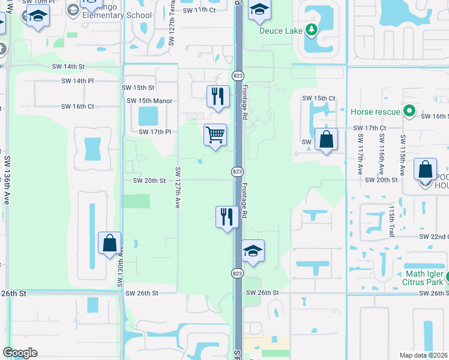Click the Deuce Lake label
(x=281, y=31)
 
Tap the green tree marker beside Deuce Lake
(x=310, y=29)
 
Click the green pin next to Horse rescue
(x=409, y=111)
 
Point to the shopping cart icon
(x=215, y=134)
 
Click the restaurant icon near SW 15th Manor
(x=217, y=97)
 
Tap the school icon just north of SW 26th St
(x=253, y=251)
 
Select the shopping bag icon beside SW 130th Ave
(x=109, y=244)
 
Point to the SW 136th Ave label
(x=7, y=181)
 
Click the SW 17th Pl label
(x=155, y=132)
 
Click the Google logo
(x=20, y=353)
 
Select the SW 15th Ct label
(x=318, y=98)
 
